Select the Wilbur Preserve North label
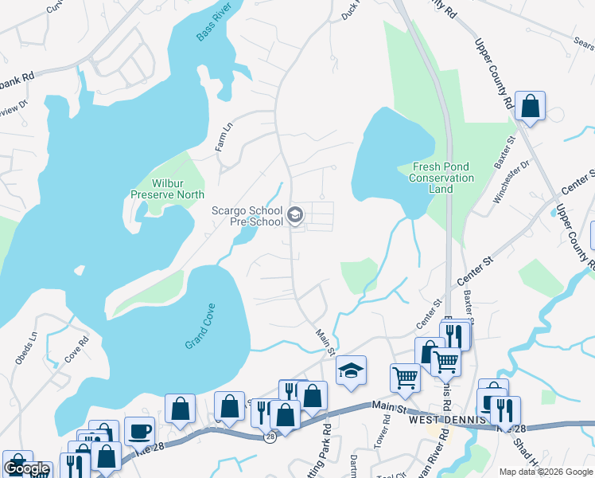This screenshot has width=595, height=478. pos(167,189)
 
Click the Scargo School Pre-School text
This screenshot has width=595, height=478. pos(247,216)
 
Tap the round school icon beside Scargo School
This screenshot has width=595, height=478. pos(295,214)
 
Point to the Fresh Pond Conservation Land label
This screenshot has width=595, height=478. pos(442,178)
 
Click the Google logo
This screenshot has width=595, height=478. pos(27,469)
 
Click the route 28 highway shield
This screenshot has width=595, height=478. pos(270,437)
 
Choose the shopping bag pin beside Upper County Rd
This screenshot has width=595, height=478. pos(530,106)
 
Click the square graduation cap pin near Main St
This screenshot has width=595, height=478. pos(351,370)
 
